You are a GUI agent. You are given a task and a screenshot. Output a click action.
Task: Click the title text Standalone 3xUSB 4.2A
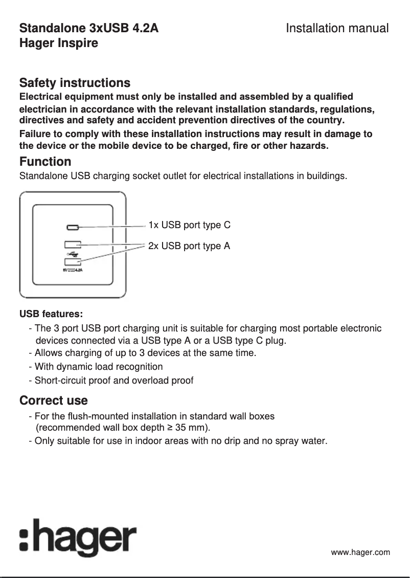click(x=88, y=28)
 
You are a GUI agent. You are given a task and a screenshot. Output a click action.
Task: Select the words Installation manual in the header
click(x=337, y=28)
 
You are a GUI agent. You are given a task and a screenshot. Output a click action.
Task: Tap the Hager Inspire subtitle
click(x=58, y=43)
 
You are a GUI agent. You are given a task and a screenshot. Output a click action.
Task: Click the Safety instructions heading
click(x=75, y=83)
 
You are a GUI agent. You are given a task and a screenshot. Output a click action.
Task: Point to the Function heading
click(x=45, y=162)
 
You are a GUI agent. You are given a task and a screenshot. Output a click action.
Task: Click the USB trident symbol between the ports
click(x=72, y=253)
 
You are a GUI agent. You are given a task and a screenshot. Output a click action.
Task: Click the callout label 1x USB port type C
click(x=189, y=225)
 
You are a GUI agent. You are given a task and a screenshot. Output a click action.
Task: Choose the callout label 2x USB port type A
click(x=189, y=246)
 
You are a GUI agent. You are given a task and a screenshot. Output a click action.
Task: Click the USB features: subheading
click(x=51, y=313)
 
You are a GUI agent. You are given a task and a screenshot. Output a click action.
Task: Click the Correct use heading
click(x=53, y=400)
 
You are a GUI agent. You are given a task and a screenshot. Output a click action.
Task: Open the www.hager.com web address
click(x=360, y=552)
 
